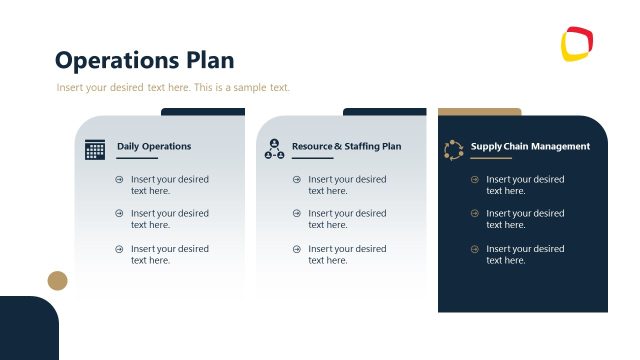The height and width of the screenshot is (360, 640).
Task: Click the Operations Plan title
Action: coord(144,60)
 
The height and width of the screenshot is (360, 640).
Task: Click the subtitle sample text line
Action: coord(173,88)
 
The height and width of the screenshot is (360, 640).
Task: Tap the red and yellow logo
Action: coord(577,44)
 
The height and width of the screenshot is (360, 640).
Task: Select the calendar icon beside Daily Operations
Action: coord(95,150)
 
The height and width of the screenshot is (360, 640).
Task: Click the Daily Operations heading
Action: coord(154,146)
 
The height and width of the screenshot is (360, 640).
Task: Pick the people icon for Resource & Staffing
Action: coord(274,150)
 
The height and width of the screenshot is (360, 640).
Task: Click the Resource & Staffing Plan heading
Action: coord(346,146)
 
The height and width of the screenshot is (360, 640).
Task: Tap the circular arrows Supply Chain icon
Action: coord(454,150)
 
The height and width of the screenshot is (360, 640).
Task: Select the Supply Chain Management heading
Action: coord(530,146)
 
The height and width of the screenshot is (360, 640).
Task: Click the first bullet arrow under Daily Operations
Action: coord(119,180)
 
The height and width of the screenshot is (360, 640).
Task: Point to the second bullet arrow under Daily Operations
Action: coord(119,214)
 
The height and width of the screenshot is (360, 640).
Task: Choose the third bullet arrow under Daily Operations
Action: coord(119,249)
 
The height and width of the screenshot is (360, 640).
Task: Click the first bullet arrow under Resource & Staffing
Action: coord(297,180)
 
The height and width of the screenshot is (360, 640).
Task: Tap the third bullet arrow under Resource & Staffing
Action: coord(297,249)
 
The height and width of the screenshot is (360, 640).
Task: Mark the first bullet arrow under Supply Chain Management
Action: coord(475,180)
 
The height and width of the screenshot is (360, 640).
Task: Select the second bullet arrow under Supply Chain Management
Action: coord(475,214)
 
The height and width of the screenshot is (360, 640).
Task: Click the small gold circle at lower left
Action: coord(58,280)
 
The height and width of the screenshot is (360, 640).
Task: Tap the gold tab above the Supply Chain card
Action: coord(480,112)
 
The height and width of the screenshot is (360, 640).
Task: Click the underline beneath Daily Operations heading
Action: coord(137,158)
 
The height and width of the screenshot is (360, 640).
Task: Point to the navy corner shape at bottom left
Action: coord(26,330)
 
